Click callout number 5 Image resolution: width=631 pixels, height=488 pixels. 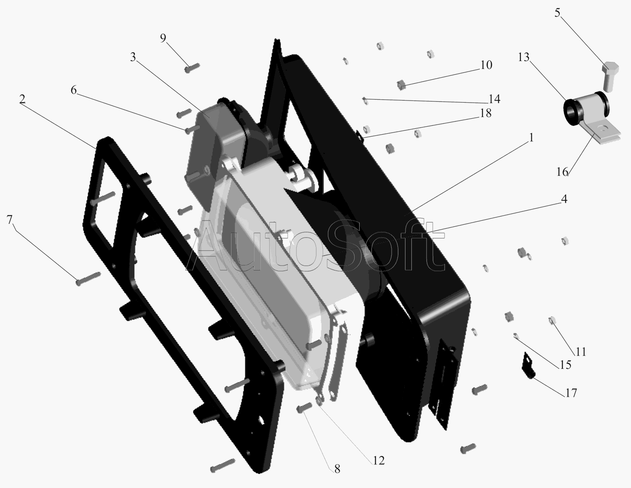click(557, 13)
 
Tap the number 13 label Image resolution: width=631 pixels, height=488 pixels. click(524, 58)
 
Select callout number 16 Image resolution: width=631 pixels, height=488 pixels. click(562, 172)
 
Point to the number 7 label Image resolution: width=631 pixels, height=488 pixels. click(10, 220)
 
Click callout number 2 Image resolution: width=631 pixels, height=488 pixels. click(22, 99)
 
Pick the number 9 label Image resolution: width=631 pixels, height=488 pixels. click(163, 38)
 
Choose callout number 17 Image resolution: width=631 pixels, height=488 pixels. click(570, 393)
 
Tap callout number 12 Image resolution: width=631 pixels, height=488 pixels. click(379, 460)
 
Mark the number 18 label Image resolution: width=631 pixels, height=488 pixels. click(485, 113)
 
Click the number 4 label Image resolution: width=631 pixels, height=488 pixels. click(564, 199)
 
